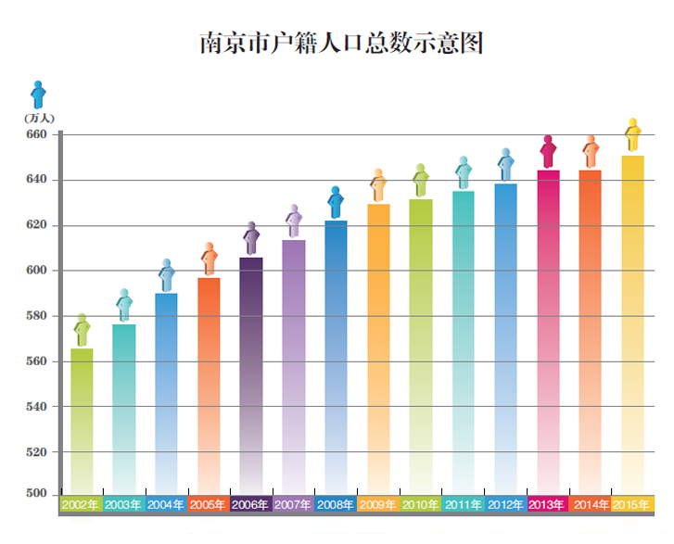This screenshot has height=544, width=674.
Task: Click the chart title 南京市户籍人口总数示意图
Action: pos(341,44)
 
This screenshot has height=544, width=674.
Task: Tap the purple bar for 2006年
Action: pos(250,375)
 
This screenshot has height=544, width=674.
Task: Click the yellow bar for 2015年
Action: pos(632,324)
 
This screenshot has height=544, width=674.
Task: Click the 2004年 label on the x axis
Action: pos(166,505)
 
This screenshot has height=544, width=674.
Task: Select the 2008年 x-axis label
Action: pos(336,505)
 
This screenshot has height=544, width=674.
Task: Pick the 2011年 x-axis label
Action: pos(463,505)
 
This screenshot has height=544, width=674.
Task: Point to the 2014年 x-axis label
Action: pos(591,505)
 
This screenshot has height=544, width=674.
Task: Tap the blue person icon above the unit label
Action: pos(38,95)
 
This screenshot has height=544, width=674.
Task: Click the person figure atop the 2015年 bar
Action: pos(633,135)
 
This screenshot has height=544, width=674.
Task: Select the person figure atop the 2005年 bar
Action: pos(210,259)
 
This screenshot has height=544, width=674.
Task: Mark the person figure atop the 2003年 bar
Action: pos(124,305)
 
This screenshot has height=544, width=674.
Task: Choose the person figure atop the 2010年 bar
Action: pos(420,180)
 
